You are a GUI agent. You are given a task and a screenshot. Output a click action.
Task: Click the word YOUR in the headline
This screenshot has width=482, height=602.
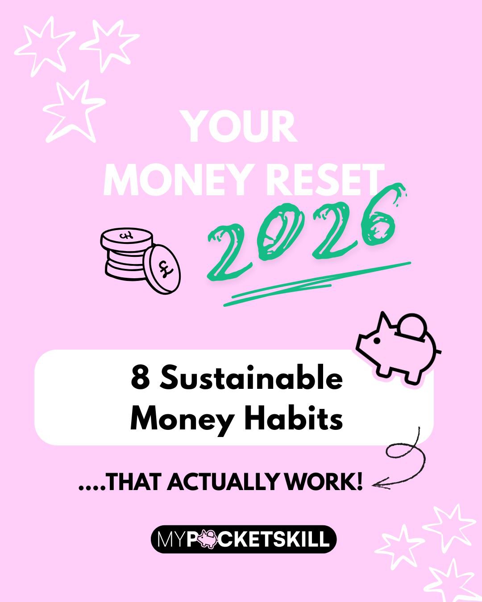pos(240,128)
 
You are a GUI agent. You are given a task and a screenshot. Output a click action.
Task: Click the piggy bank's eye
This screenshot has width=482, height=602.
pos(376,341)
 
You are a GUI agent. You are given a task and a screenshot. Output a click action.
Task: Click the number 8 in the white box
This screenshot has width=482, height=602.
pos(140,378)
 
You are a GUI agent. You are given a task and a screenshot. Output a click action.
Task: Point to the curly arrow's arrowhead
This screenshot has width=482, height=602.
pos(377,484)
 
